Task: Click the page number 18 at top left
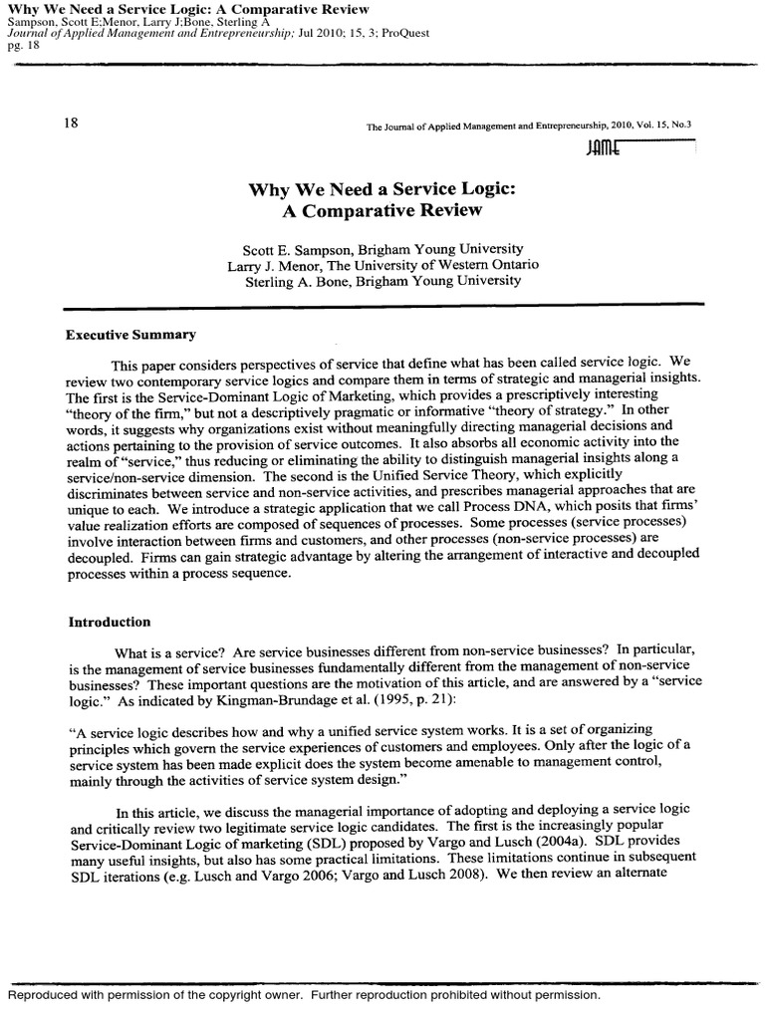[x=71, y=124]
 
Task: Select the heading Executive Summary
[x=130, y=335]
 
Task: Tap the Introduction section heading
[x=109, y=622]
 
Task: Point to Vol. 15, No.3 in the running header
[x=659, y=127]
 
